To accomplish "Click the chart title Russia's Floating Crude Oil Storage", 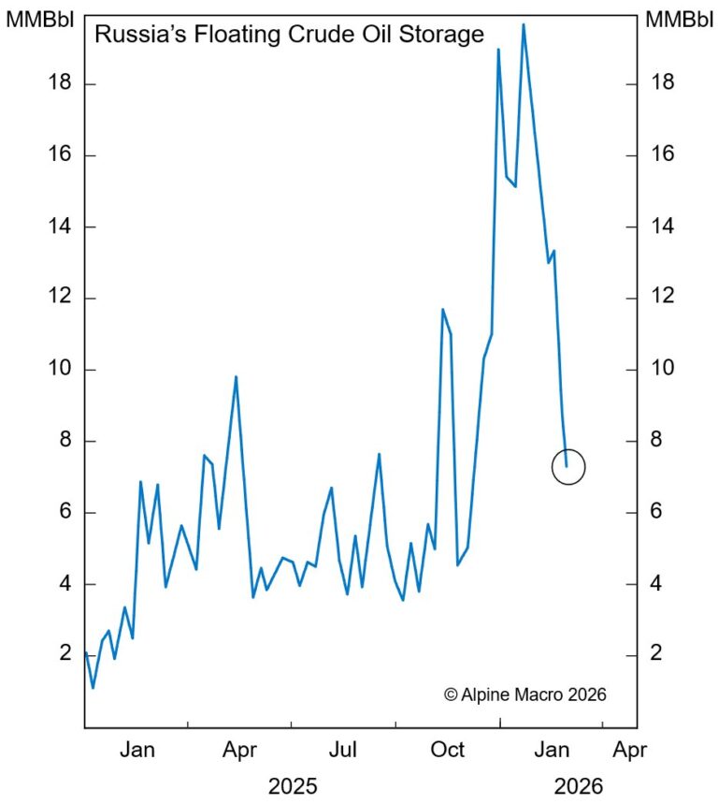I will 290,36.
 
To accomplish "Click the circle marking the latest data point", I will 568,466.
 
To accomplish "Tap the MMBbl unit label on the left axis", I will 36,18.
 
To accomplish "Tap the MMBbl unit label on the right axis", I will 680,18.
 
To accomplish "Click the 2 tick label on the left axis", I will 66,653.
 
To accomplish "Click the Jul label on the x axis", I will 344,750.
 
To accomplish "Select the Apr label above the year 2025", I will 240,750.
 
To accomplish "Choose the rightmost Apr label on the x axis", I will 629,750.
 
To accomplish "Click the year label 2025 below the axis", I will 293,784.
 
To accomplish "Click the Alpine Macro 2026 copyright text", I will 525,694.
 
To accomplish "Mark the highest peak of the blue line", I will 523,24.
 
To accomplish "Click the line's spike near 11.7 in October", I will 442,309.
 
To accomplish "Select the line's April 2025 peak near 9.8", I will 236,376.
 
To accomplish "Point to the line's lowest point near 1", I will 93,688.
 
